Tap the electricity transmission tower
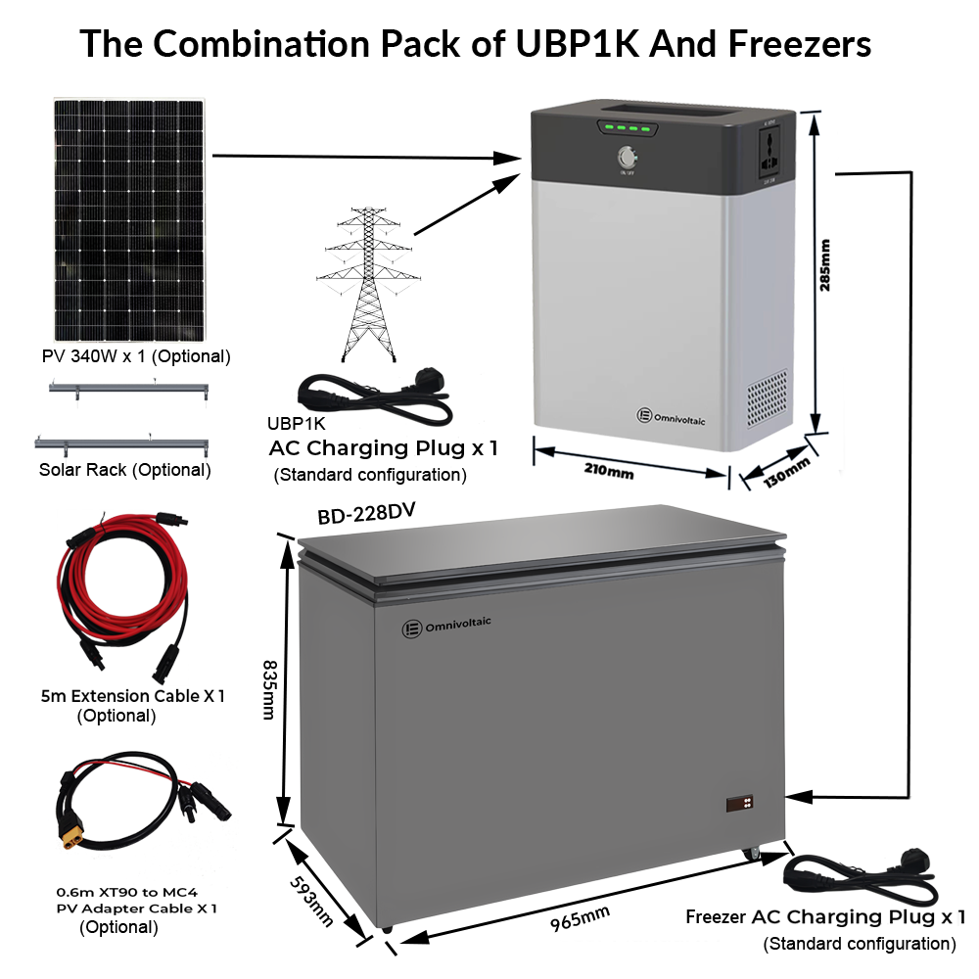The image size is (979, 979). (367, 284)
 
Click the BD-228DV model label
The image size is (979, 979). (361, 516)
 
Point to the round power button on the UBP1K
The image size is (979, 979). (627, 159)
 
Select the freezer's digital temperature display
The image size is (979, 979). (741, 804)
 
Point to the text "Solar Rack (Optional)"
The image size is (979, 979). (124, 470)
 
